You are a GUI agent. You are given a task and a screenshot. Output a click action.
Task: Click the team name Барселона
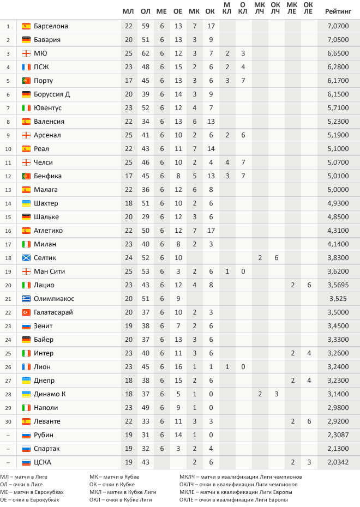point(51,26)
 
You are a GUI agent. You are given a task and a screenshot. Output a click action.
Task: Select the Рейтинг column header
point(338,11)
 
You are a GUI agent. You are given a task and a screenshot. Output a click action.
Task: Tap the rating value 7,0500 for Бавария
point(338,40)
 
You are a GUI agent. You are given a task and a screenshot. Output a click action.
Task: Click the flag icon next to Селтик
point(26,258)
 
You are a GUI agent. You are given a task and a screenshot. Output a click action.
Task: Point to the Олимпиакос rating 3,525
point(338,299)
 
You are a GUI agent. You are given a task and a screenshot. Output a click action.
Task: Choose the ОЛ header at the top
point(145,11)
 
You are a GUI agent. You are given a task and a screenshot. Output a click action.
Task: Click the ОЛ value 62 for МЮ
point(145,53)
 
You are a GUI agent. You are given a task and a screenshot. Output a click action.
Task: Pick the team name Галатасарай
point(53,312)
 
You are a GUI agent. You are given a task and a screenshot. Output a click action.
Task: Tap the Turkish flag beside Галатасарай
point(26,312)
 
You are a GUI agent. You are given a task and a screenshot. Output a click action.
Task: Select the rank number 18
point(8,258)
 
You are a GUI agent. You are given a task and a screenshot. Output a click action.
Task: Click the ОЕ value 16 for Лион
point(178,367)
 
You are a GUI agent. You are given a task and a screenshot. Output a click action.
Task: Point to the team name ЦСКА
point(43,462)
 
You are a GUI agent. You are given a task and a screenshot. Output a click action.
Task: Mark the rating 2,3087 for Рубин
point(338,435)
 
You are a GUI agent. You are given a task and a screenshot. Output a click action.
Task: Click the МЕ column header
point(161,11)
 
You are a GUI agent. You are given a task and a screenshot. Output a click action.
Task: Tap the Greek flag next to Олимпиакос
point(26,299)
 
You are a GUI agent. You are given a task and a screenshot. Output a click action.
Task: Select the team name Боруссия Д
point(52,94)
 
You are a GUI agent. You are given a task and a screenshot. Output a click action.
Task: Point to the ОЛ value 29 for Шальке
point(145,217)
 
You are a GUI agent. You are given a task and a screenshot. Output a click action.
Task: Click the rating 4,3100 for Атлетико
point(338,231)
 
